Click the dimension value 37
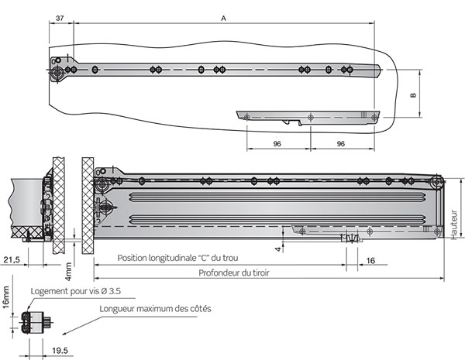point(61,16)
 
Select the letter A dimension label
point(224,16)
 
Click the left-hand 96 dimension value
point(277,144)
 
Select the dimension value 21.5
point(11,261)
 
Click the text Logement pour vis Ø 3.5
point(75,291)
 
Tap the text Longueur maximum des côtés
point(155,308)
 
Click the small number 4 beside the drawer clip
point(277,248)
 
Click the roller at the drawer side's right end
point(437,184)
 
